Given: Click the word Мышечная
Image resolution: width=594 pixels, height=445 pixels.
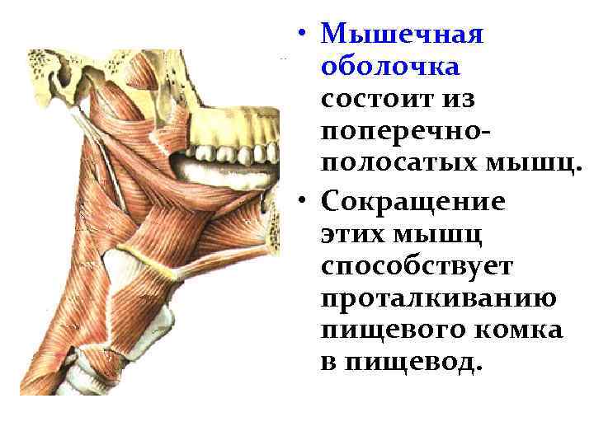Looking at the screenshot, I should (402, 35).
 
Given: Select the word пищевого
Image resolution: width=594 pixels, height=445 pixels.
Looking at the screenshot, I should (384, 330).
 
